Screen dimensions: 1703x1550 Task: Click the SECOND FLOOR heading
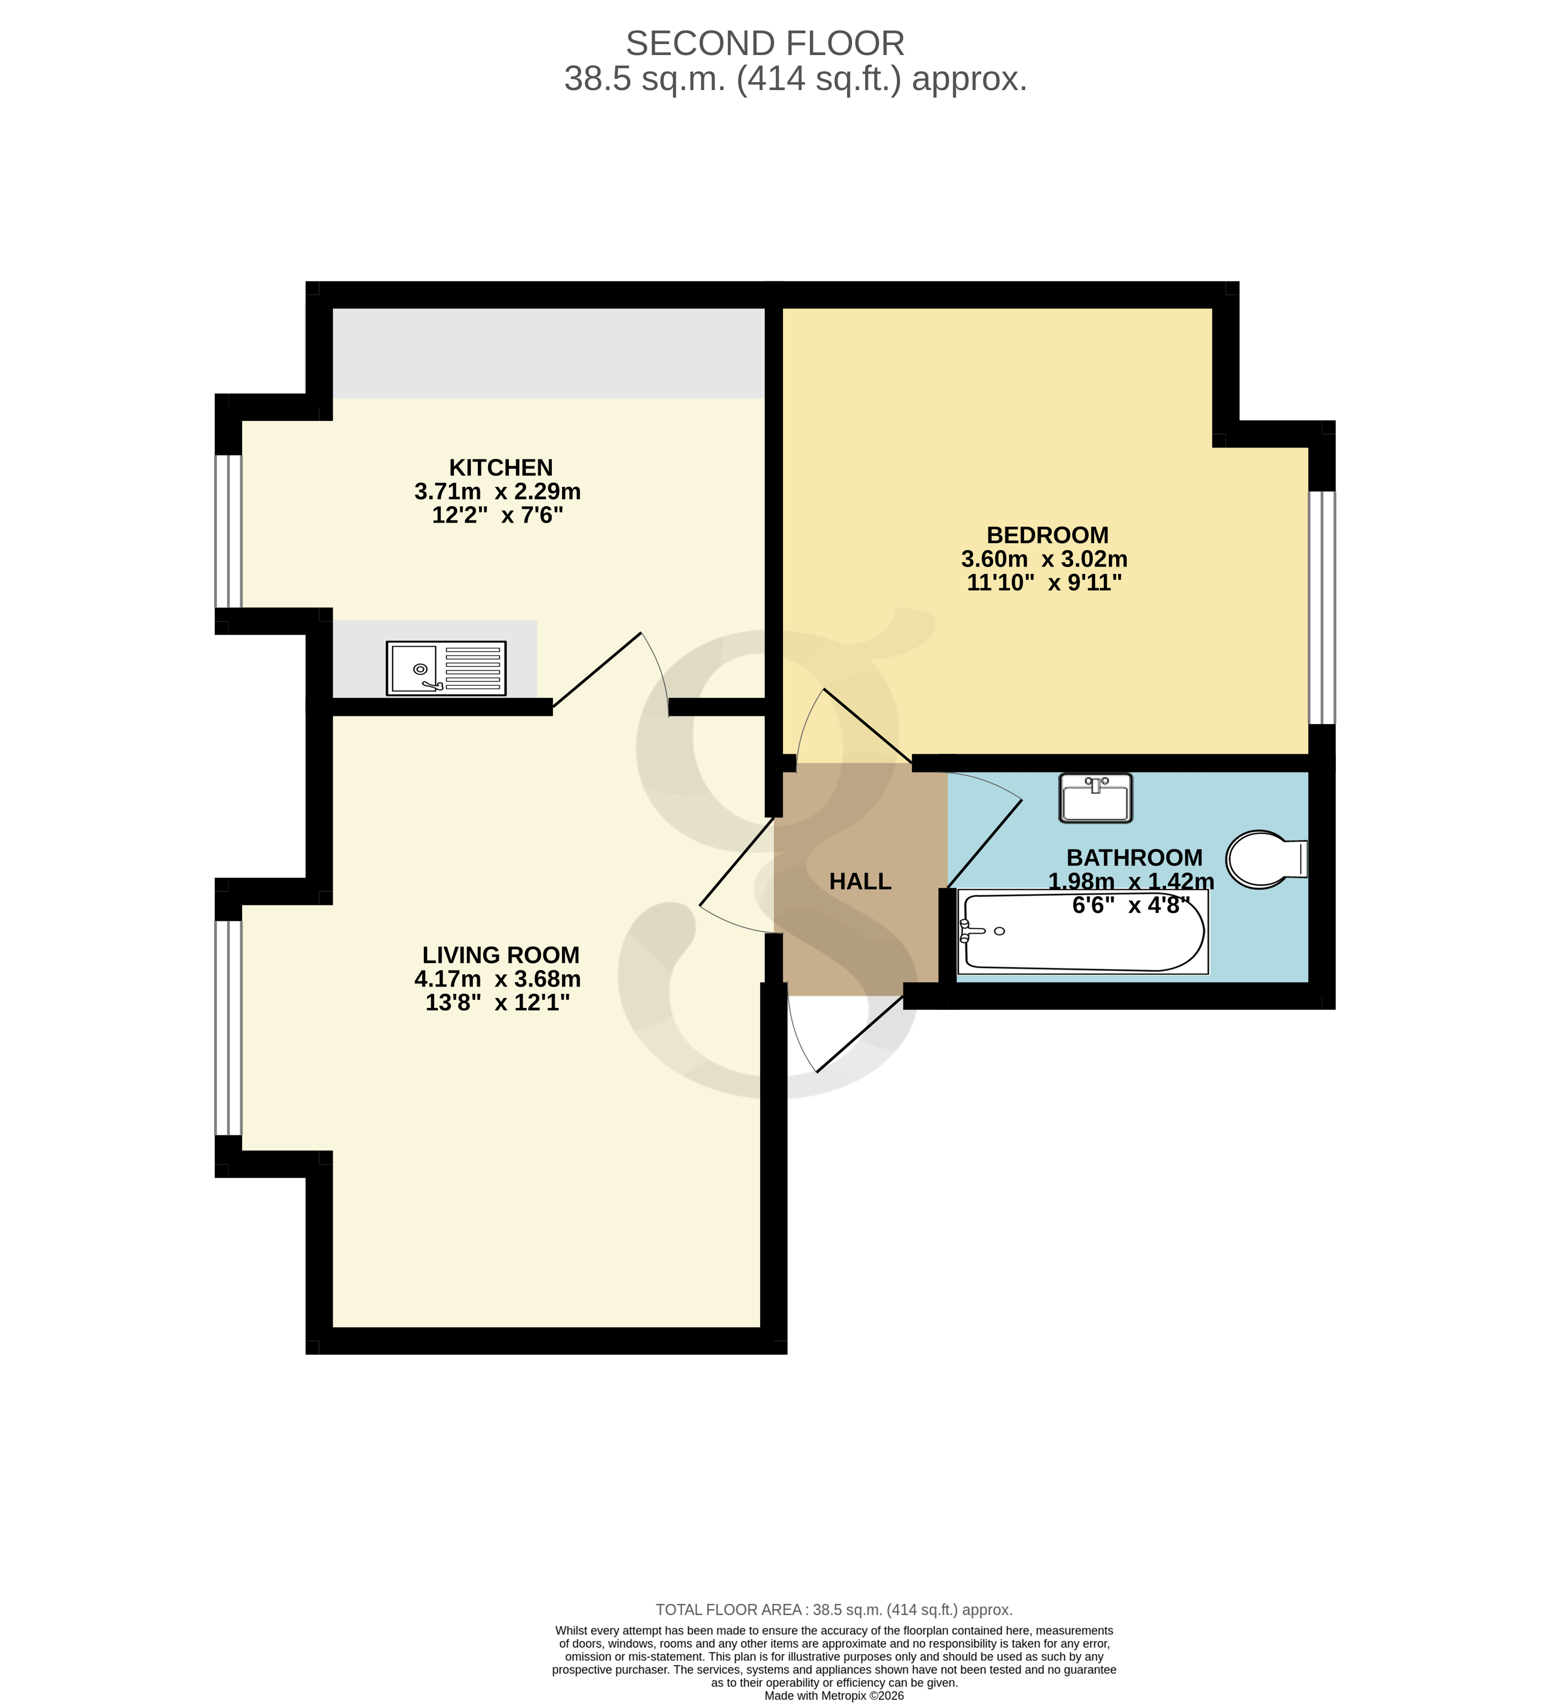764,44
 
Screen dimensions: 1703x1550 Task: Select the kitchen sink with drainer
446,668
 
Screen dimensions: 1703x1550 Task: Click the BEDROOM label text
1047,535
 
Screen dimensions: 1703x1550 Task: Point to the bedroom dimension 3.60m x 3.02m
1044,559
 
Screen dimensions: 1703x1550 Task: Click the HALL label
860,881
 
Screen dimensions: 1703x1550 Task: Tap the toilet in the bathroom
1264,859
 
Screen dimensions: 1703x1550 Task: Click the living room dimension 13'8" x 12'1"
497,1003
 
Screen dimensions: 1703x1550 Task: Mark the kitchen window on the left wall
228,530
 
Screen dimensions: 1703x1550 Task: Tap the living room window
228,1027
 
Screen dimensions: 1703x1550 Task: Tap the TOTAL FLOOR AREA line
834,1610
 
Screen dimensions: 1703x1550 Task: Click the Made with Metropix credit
834,1695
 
